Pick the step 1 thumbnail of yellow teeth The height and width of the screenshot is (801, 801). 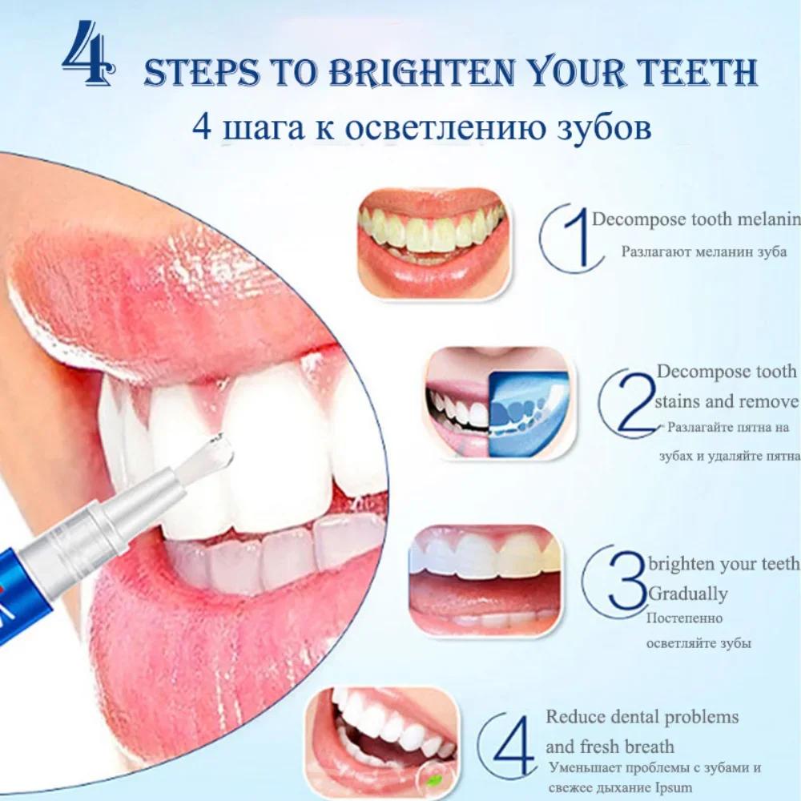click(x=431, y=242)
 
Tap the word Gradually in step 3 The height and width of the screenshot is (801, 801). click(x=688, y=594)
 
